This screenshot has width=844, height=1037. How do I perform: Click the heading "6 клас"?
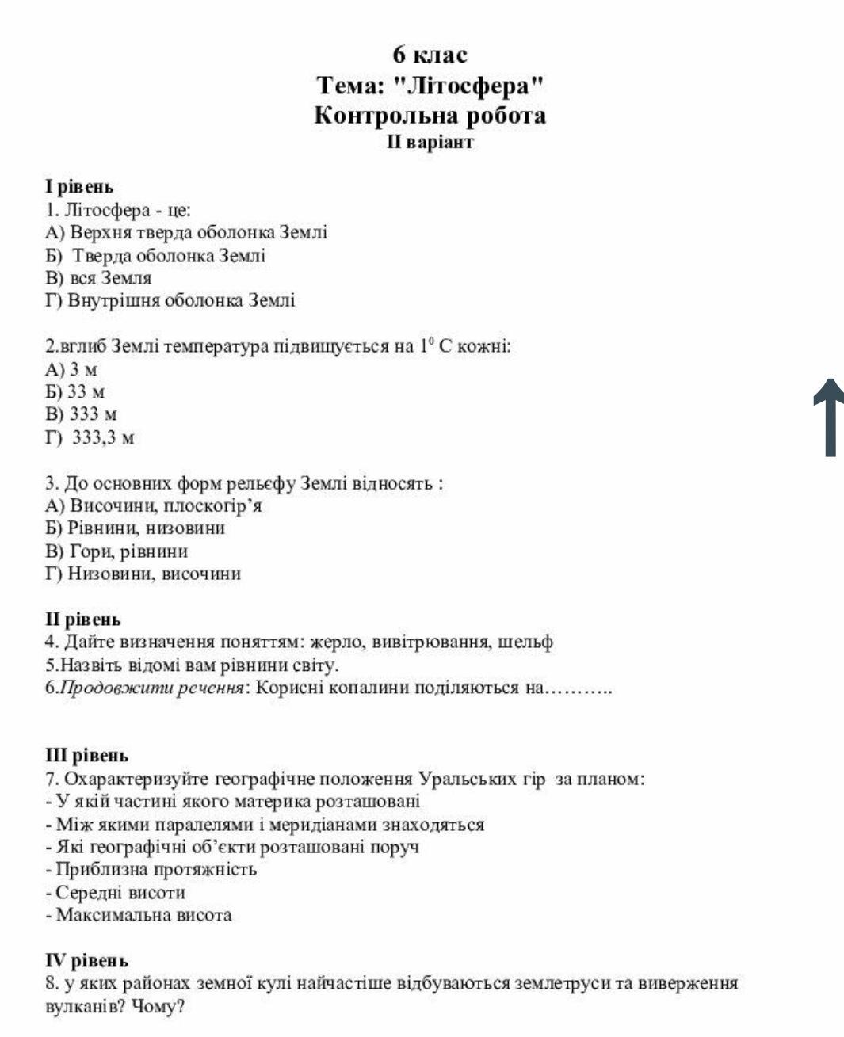coord(430,55)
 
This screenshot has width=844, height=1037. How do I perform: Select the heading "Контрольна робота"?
coord(430,116)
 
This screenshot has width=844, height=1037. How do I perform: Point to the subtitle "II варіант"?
coord(430,143)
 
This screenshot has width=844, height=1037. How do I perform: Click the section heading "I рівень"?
coord(79,187)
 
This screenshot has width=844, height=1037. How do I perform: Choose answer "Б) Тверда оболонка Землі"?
coord(155,256)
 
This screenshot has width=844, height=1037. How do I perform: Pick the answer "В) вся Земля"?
coord(98,279)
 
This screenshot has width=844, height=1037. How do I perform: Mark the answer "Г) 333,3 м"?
coord(90,437)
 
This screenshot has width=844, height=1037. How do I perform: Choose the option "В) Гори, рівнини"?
coord(116,551)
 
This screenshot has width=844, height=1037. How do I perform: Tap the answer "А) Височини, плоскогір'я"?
coord(154,505)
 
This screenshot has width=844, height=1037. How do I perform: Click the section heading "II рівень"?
coord(82,620)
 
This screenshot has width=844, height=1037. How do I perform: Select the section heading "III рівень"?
coord(86,756)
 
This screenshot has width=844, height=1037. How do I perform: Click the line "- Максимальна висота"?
coord(139,916)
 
